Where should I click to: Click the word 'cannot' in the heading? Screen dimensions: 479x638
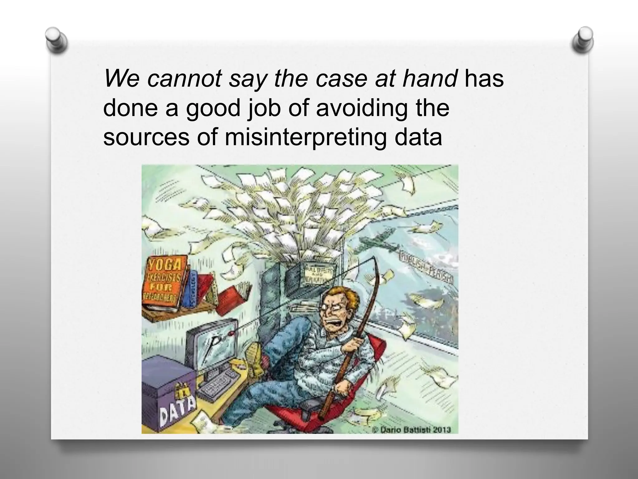coord(185,79)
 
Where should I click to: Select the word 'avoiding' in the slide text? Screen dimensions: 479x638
coord(362,108)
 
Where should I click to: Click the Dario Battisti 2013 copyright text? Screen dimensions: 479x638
coord(412,429)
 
